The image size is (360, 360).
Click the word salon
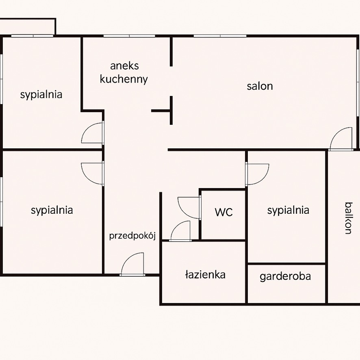(x=260, y=86)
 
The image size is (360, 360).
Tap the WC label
(x=223, y=212)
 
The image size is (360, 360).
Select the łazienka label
(x=205, y=275)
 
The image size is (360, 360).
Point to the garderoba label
(x=285, y=276)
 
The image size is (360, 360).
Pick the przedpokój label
(x=132, y=236)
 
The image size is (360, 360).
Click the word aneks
(x=124, y=66)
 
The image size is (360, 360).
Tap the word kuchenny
(x=124, y=80)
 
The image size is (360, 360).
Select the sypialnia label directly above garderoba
(x=288, y=210)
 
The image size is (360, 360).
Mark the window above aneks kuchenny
(x=129, y=36)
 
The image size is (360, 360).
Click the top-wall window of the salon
(x=220, y=36)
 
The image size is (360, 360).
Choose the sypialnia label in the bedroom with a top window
(x=41, y=95)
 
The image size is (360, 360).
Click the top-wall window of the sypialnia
(x=33, y=36)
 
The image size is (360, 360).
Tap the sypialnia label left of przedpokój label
(x=52, y=210)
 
